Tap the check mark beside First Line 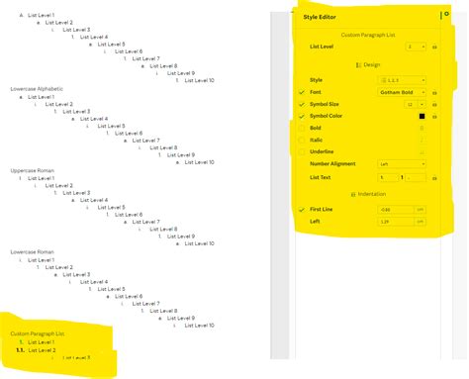coord(301,210)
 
